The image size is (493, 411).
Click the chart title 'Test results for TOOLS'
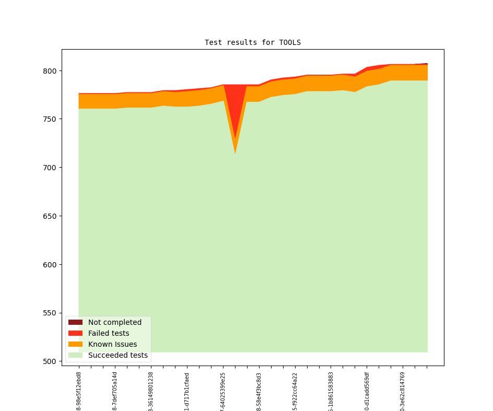point(252,42)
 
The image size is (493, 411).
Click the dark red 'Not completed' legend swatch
point(75,322)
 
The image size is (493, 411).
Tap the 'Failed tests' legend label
point(109,333)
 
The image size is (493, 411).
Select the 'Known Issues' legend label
point(112,344)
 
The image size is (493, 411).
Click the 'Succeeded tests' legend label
point(118,355)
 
